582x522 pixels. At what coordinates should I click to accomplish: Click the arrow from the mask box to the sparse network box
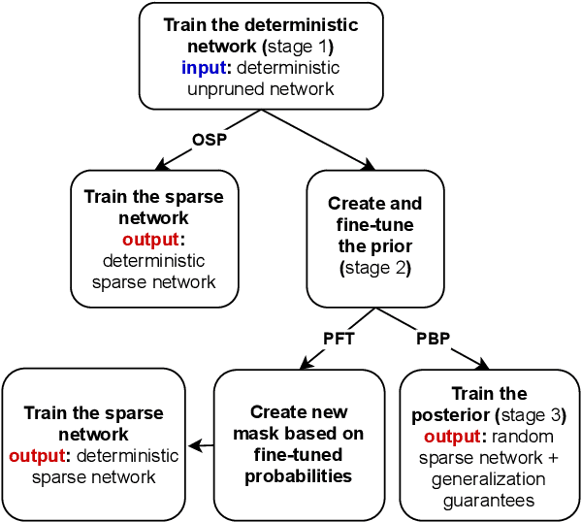pos(201,446)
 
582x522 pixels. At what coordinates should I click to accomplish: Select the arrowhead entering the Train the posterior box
pos(483,364)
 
